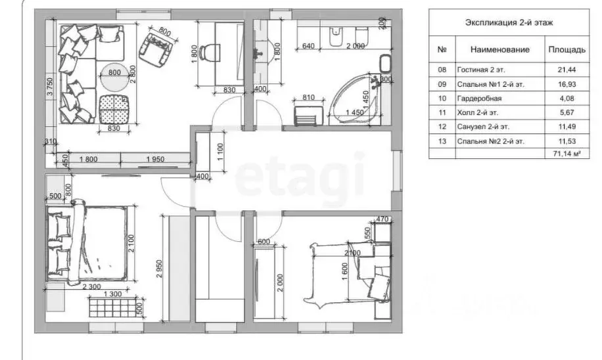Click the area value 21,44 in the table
pyautogui.click(x=567, y=70)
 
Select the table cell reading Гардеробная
pyautogui.click(x=479, y=99)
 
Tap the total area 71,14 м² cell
pyautogui.click(x=567, y=154)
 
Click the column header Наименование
pyautogui.click(x=500, y=49)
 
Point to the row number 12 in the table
pyautogui.click(x=442, y=127)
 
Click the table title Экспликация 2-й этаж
pyautogui.click(x=509, y=22)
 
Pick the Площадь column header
pyautogui.click(x=567, y=49)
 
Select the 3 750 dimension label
pyautogui.click(x=50, y=89)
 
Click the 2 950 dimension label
pyautogui.click(x=159, y=271)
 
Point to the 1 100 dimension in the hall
pyautogui.click(x=220, y=152)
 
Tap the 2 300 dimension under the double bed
pyautogui.click(x=91, y=286)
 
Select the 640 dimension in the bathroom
pyautogui.click(x=308, y=46)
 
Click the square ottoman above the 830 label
pyautogui.click(x=114, y=108)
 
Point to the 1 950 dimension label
pyautogui.click(x=155, y=159)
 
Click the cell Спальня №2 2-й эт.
pyautogui.click(x=490, y=141)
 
